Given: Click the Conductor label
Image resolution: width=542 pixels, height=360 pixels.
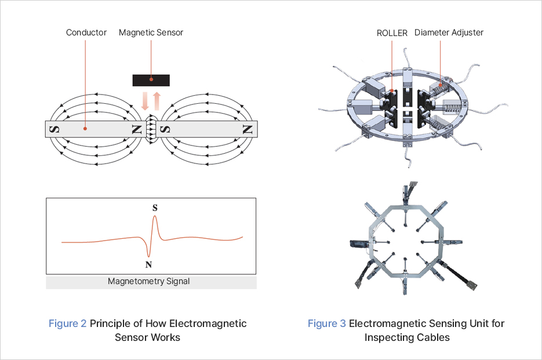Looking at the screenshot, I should [x=86, y=32].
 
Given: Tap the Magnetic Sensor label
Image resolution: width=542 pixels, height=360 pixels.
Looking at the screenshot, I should [x=151, y=32].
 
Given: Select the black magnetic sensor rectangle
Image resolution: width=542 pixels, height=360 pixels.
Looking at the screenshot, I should [x=151, y=79].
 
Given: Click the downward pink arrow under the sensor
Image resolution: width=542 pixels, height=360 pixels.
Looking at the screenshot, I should [x=145, y=100].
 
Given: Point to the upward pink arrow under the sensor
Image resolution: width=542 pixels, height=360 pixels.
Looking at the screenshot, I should [x=156, y=100].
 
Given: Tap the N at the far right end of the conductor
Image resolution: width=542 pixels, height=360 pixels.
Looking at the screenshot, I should [x=248, y=129].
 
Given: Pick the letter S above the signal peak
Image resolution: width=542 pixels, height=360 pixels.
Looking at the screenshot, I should [x=155, y=207].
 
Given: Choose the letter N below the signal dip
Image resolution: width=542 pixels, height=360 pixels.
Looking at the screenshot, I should [x=149, y=265].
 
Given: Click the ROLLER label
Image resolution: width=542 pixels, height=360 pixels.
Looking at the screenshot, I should [x=392, y=32].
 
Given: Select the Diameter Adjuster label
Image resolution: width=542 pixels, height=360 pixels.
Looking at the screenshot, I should [x=449, y=32].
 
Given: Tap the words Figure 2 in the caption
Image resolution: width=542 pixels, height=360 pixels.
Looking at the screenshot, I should [x=67, y=323].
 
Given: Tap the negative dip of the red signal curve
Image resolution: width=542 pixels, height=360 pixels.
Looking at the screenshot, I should [x=149, y=256].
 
